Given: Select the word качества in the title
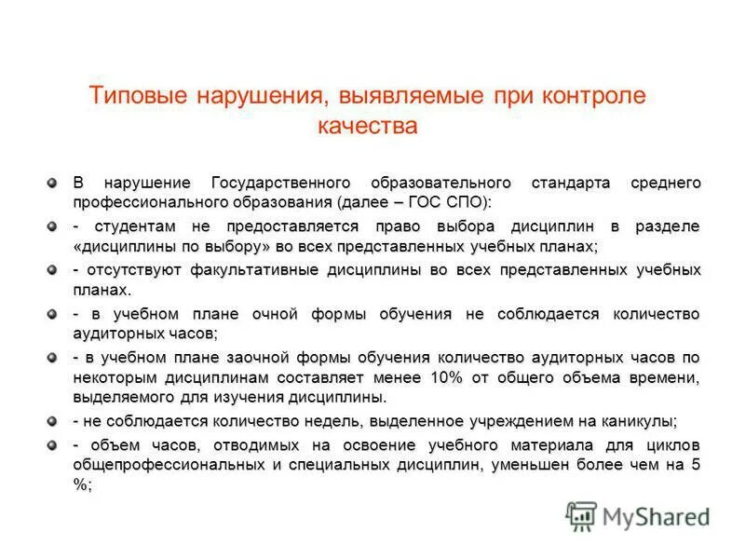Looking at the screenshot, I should click(x=366, y=125).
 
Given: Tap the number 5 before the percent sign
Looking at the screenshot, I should click(x=695, y=465).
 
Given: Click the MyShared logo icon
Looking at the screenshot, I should click(x=580, y=515).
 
